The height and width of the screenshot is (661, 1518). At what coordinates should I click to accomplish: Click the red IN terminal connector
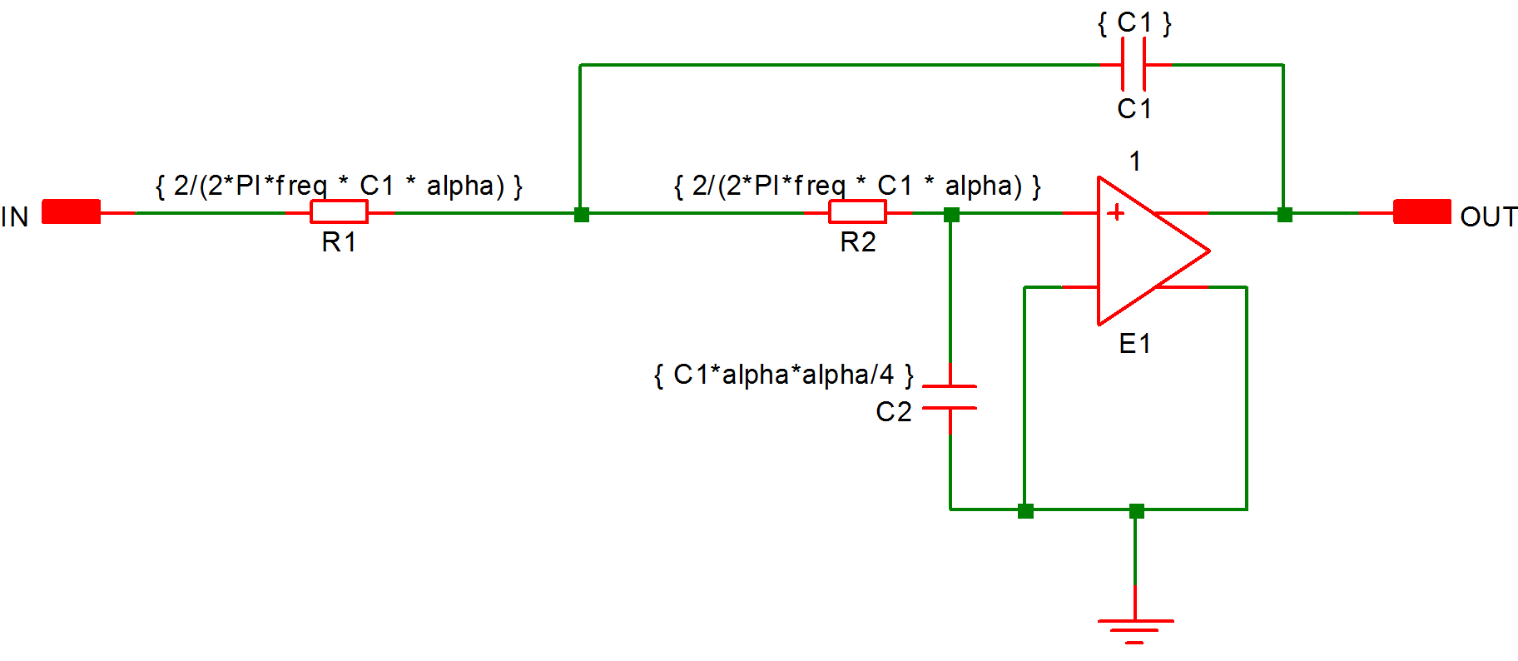point(71,211)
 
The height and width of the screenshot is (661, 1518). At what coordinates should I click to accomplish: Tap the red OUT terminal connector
point(1421,211)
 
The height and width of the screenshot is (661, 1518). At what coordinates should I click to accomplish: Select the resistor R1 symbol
point(339,211)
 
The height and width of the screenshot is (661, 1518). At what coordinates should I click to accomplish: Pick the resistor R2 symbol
point(857,211)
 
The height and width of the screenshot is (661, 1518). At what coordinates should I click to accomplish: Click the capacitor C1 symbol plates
point(1134,64)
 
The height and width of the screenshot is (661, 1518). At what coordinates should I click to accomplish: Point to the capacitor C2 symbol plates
point(950,397)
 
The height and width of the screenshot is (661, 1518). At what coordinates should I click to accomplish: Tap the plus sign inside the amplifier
point(1115,213)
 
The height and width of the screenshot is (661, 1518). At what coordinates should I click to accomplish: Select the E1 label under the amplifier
point(1134,343)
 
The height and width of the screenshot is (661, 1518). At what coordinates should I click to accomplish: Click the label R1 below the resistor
point(339,242)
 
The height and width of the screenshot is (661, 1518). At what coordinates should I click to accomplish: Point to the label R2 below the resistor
point(858,242)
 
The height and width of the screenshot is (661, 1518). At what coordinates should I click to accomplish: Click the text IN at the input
point(15,216)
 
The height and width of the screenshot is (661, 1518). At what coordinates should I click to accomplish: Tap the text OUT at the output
point(1489,216)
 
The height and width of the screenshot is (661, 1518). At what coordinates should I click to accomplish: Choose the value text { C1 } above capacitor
point(1134,22)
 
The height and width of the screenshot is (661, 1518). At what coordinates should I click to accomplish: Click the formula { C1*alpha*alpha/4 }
point(783,375)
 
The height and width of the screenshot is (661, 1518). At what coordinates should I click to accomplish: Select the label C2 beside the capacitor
point(894,411)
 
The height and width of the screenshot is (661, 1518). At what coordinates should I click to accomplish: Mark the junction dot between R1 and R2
point(582,215)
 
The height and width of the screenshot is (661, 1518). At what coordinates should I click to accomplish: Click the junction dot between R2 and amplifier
point(951,215)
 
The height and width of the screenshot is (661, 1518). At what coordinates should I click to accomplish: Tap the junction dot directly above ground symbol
point(1136,510)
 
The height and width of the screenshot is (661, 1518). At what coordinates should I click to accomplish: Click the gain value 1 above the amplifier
point(1134,161)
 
